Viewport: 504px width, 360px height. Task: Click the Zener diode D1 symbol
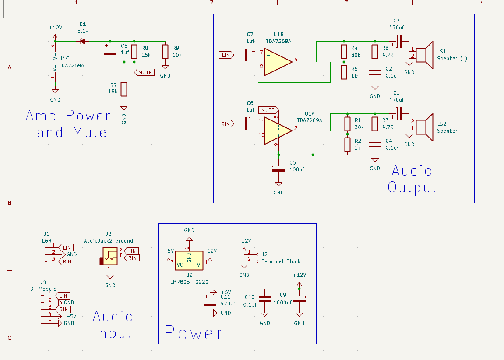[82, 42]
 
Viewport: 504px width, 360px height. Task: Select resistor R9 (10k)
[165, 52]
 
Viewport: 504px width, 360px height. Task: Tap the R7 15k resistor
[124, 89]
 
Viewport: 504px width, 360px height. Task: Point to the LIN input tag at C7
[226, 55]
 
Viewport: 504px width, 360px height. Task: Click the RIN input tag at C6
[226, 124]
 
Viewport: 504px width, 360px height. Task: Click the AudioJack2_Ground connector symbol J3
[109, 256]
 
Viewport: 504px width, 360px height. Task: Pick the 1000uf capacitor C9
[300, 299]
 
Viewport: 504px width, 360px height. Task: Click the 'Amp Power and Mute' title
[68, 124]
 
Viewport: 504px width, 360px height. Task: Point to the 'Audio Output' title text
[412, 179]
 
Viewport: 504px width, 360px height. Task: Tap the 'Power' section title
[194, 333]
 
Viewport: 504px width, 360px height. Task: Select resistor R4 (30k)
[344, 52]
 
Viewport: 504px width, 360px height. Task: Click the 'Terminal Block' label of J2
[281, 261]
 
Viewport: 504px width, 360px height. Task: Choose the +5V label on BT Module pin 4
[71, 316]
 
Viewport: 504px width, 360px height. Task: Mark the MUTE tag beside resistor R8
[145, 72]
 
